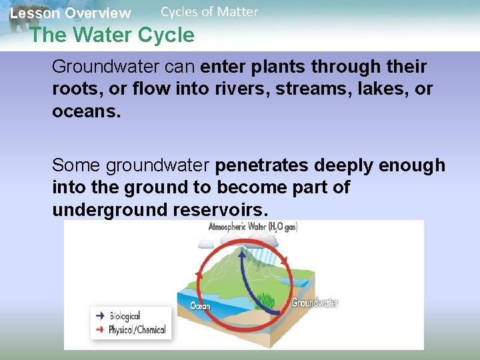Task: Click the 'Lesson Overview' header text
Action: (70, 13)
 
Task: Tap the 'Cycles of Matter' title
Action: (209, 11)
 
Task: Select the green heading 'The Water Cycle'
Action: (112, 35)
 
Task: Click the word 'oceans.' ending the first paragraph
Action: (87, 111)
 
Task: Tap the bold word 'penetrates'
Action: (265, 165)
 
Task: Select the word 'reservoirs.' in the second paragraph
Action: (221, 210)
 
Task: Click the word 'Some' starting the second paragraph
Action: (77, 165)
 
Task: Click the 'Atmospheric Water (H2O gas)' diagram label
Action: (253, 227)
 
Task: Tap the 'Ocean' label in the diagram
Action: (201, 306)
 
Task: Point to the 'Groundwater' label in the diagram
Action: (315, 303)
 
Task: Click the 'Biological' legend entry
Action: (125, 317)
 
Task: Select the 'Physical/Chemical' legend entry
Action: (137, 329)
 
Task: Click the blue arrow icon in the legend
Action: (100, 317)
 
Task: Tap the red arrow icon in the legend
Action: (100, 329)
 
